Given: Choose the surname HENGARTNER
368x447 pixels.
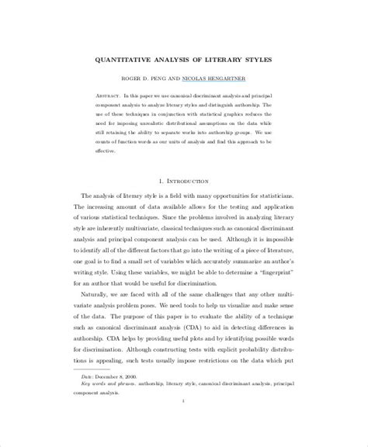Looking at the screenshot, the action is click(x=241, y=79).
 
